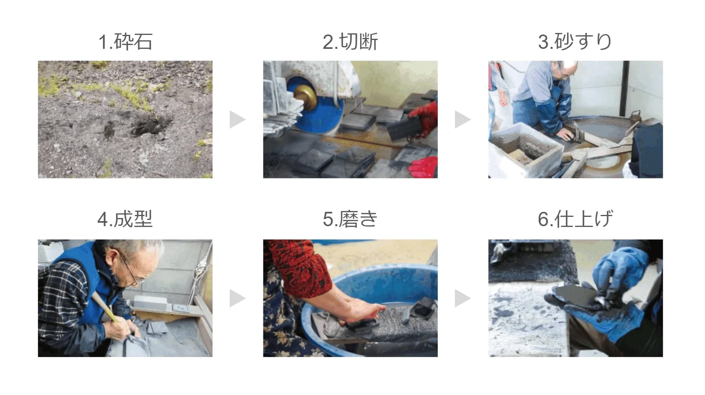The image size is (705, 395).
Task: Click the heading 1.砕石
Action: coord(125,41)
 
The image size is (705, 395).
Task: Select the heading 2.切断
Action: coord(350,41)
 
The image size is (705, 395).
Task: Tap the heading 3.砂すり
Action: coord(575,41)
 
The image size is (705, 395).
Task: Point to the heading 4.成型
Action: coord(125,219)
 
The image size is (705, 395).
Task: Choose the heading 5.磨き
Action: coord(350,219)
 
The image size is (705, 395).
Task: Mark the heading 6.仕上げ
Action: coord(575,219)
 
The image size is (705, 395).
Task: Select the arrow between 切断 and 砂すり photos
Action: coord(463,119)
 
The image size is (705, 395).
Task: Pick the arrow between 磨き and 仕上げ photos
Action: coord(463,298)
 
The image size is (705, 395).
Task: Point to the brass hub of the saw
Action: coord(305,97)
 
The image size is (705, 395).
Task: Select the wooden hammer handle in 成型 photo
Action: coord(104,307)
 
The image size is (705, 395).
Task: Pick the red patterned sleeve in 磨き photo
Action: coord(299,267)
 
